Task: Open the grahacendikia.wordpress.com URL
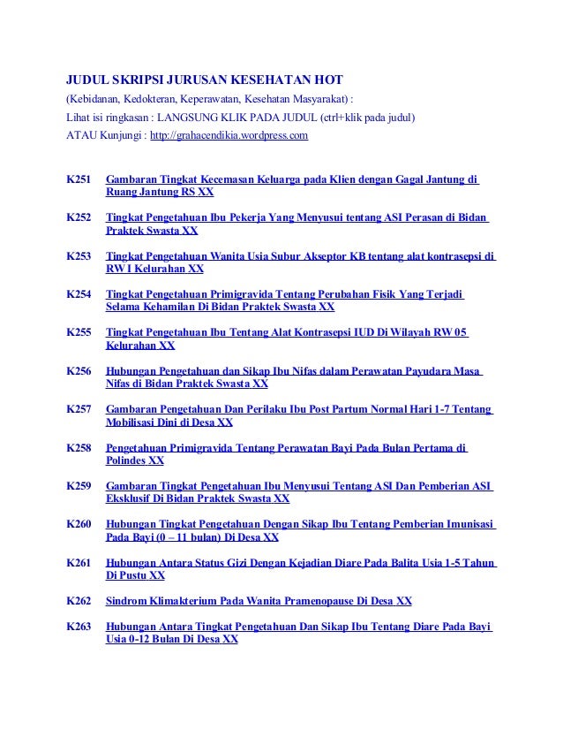pos(229,135)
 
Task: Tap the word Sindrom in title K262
pos(126,601)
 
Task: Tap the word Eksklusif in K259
pos(131,498)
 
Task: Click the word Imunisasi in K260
pos(466,524)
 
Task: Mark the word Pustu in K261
pos(134,575)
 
